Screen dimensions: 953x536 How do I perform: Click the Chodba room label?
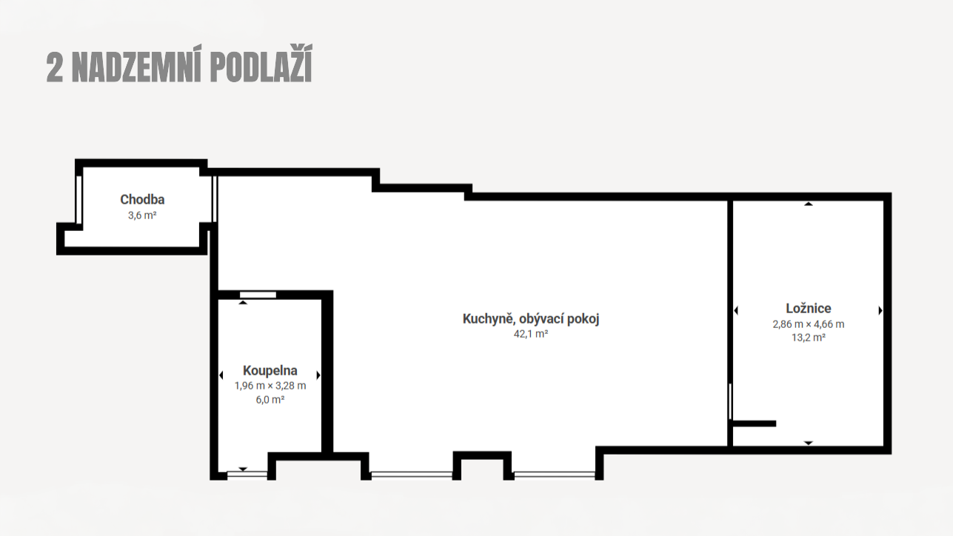tap(142, 199)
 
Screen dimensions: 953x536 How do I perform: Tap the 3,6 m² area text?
tap(142, 215)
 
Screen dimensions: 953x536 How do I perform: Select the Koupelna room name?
tap(270, 370)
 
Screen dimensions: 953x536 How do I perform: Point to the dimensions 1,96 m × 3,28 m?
tap(270, 386)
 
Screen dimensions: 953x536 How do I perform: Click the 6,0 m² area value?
tap(270, 400)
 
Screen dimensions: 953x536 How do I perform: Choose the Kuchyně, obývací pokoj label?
tap(530, 318)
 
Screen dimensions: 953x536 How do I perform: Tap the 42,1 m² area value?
tap(530, 334)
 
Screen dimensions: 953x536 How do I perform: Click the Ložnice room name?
tap(809, 308)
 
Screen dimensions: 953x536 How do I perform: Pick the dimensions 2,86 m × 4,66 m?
tap(809, 324)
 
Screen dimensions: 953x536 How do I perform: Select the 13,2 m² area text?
tap(809, 338)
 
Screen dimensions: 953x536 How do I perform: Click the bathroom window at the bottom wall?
tap(247, 475)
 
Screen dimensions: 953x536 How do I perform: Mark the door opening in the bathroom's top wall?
tap(258, 295)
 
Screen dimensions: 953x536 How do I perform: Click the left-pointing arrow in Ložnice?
tap(736, 310)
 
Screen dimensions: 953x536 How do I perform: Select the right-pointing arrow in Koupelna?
tap(318, 375)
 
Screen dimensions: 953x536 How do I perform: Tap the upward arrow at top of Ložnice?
tap(809, 204)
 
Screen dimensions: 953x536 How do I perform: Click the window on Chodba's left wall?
tap(78, 199)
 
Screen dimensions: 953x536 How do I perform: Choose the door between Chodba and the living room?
tap(215, 199)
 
